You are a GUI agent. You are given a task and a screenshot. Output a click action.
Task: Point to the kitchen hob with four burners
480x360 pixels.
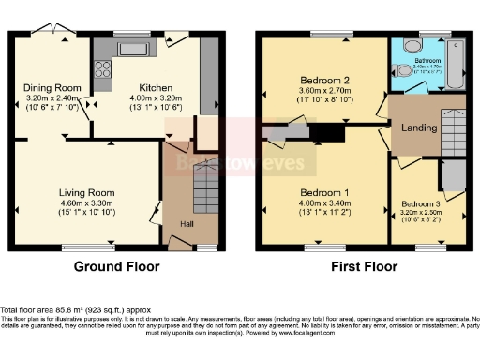coord(103,67)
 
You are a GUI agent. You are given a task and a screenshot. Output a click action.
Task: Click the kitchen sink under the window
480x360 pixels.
coord(130,48)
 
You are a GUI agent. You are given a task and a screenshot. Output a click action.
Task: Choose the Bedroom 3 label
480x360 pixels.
coord(421,203)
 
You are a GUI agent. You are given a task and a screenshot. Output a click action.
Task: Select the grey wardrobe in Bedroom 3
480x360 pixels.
coord(453,175)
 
